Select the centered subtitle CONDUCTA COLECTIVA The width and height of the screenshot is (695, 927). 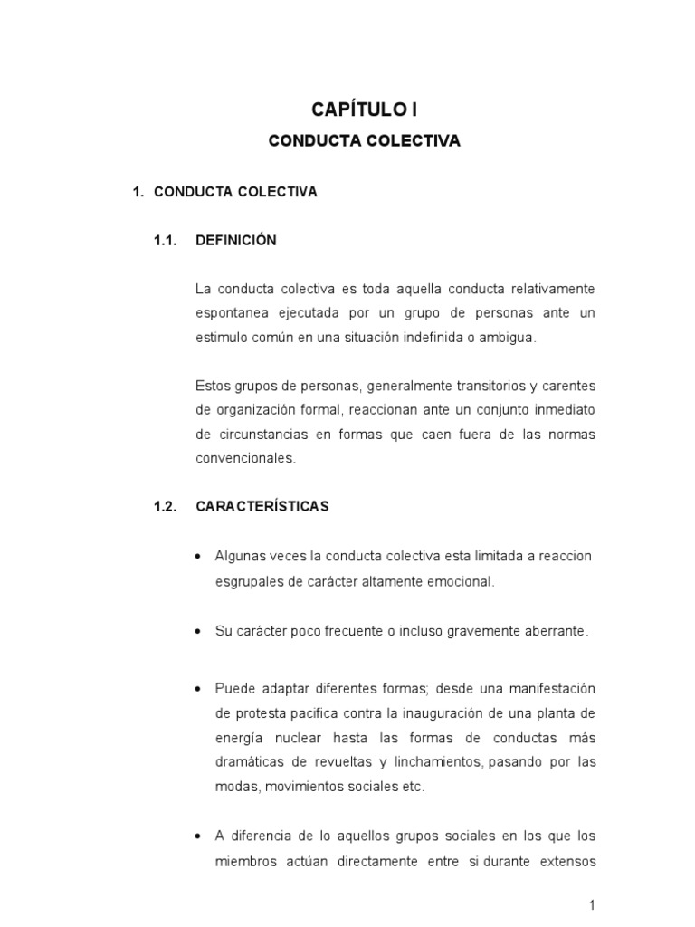click(x=365, y=141)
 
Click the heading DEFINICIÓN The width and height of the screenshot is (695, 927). click(x=236, y=240)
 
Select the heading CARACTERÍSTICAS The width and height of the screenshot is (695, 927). click(x=262, y=506)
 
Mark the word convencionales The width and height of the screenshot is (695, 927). click(x=245, y=458)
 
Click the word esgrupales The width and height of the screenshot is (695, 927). click(x=247, y=581)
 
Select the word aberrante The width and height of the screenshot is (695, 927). click(x=553, y=630)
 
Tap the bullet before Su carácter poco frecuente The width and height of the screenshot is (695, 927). click(x=196, y=631)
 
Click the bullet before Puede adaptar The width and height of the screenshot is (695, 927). click(x=196, y=690)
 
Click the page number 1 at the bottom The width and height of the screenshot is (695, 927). click(x=592, y=905)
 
